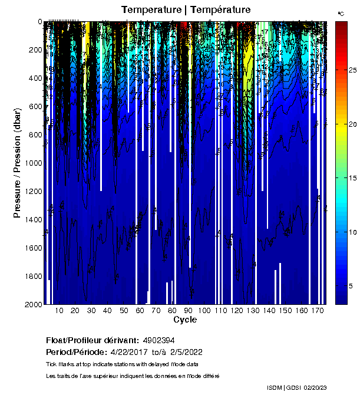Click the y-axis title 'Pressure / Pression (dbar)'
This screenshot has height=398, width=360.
(x=17, y=163)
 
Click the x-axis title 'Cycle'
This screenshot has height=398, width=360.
(x=185, y=320)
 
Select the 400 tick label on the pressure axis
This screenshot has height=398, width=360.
(x=34, y=78)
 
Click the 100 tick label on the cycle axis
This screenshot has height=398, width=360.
(x=204, y=310)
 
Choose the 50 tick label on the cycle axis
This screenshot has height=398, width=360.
(x=124, y=310)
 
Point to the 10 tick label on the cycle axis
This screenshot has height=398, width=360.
(x=60, y=310)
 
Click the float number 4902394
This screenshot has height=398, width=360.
(x=158, y=340)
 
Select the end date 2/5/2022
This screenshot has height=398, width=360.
(x=186, y=352)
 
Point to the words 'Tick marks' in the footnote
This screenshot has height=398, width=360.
(x=60, y=364)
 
